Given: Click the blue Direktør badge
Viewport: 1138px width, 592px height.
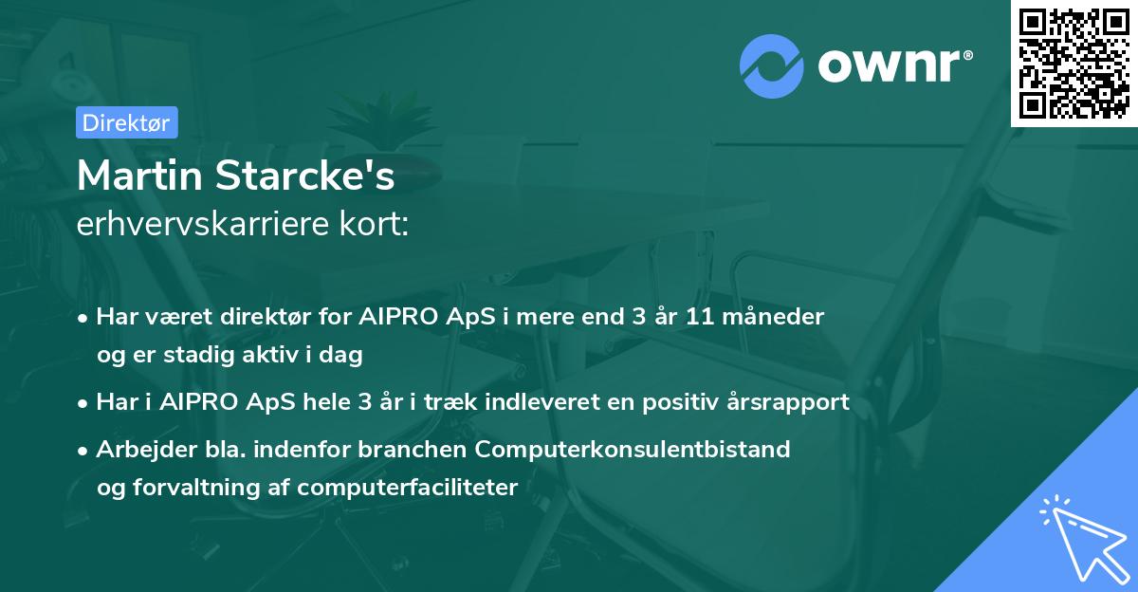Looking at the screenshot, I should (126, 122).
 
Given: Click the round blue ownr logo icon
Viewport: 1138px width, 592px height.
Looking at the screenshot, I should (772, 65).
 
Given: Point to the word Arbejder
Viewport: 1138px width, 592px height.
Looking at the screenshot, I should (138, 450).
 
